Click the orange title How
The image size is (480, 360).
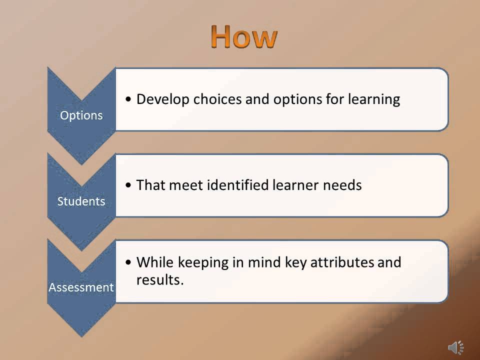[x=243, y=36]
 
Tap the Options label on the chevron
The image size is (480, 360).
[x=81, y=115]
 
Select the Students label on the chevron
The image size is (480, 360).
[x=81, y=201]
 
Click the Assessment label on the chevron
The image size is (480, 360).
[x=81, y=287]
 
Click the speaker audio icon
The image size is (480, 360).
[x=455, y=347]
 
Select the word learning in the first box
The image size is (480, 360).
[x=374, y=99]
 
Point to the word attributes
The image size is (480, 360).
[x=343, y=262]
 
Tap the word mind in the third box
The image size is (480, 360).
[x=255, y=262]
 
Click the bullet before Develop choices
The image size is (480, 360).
[x=129, y=99]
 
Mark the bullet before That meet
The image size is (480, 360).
[x=129, y=185]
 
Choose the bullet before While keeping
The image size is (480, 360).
[x=129, y=262]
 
